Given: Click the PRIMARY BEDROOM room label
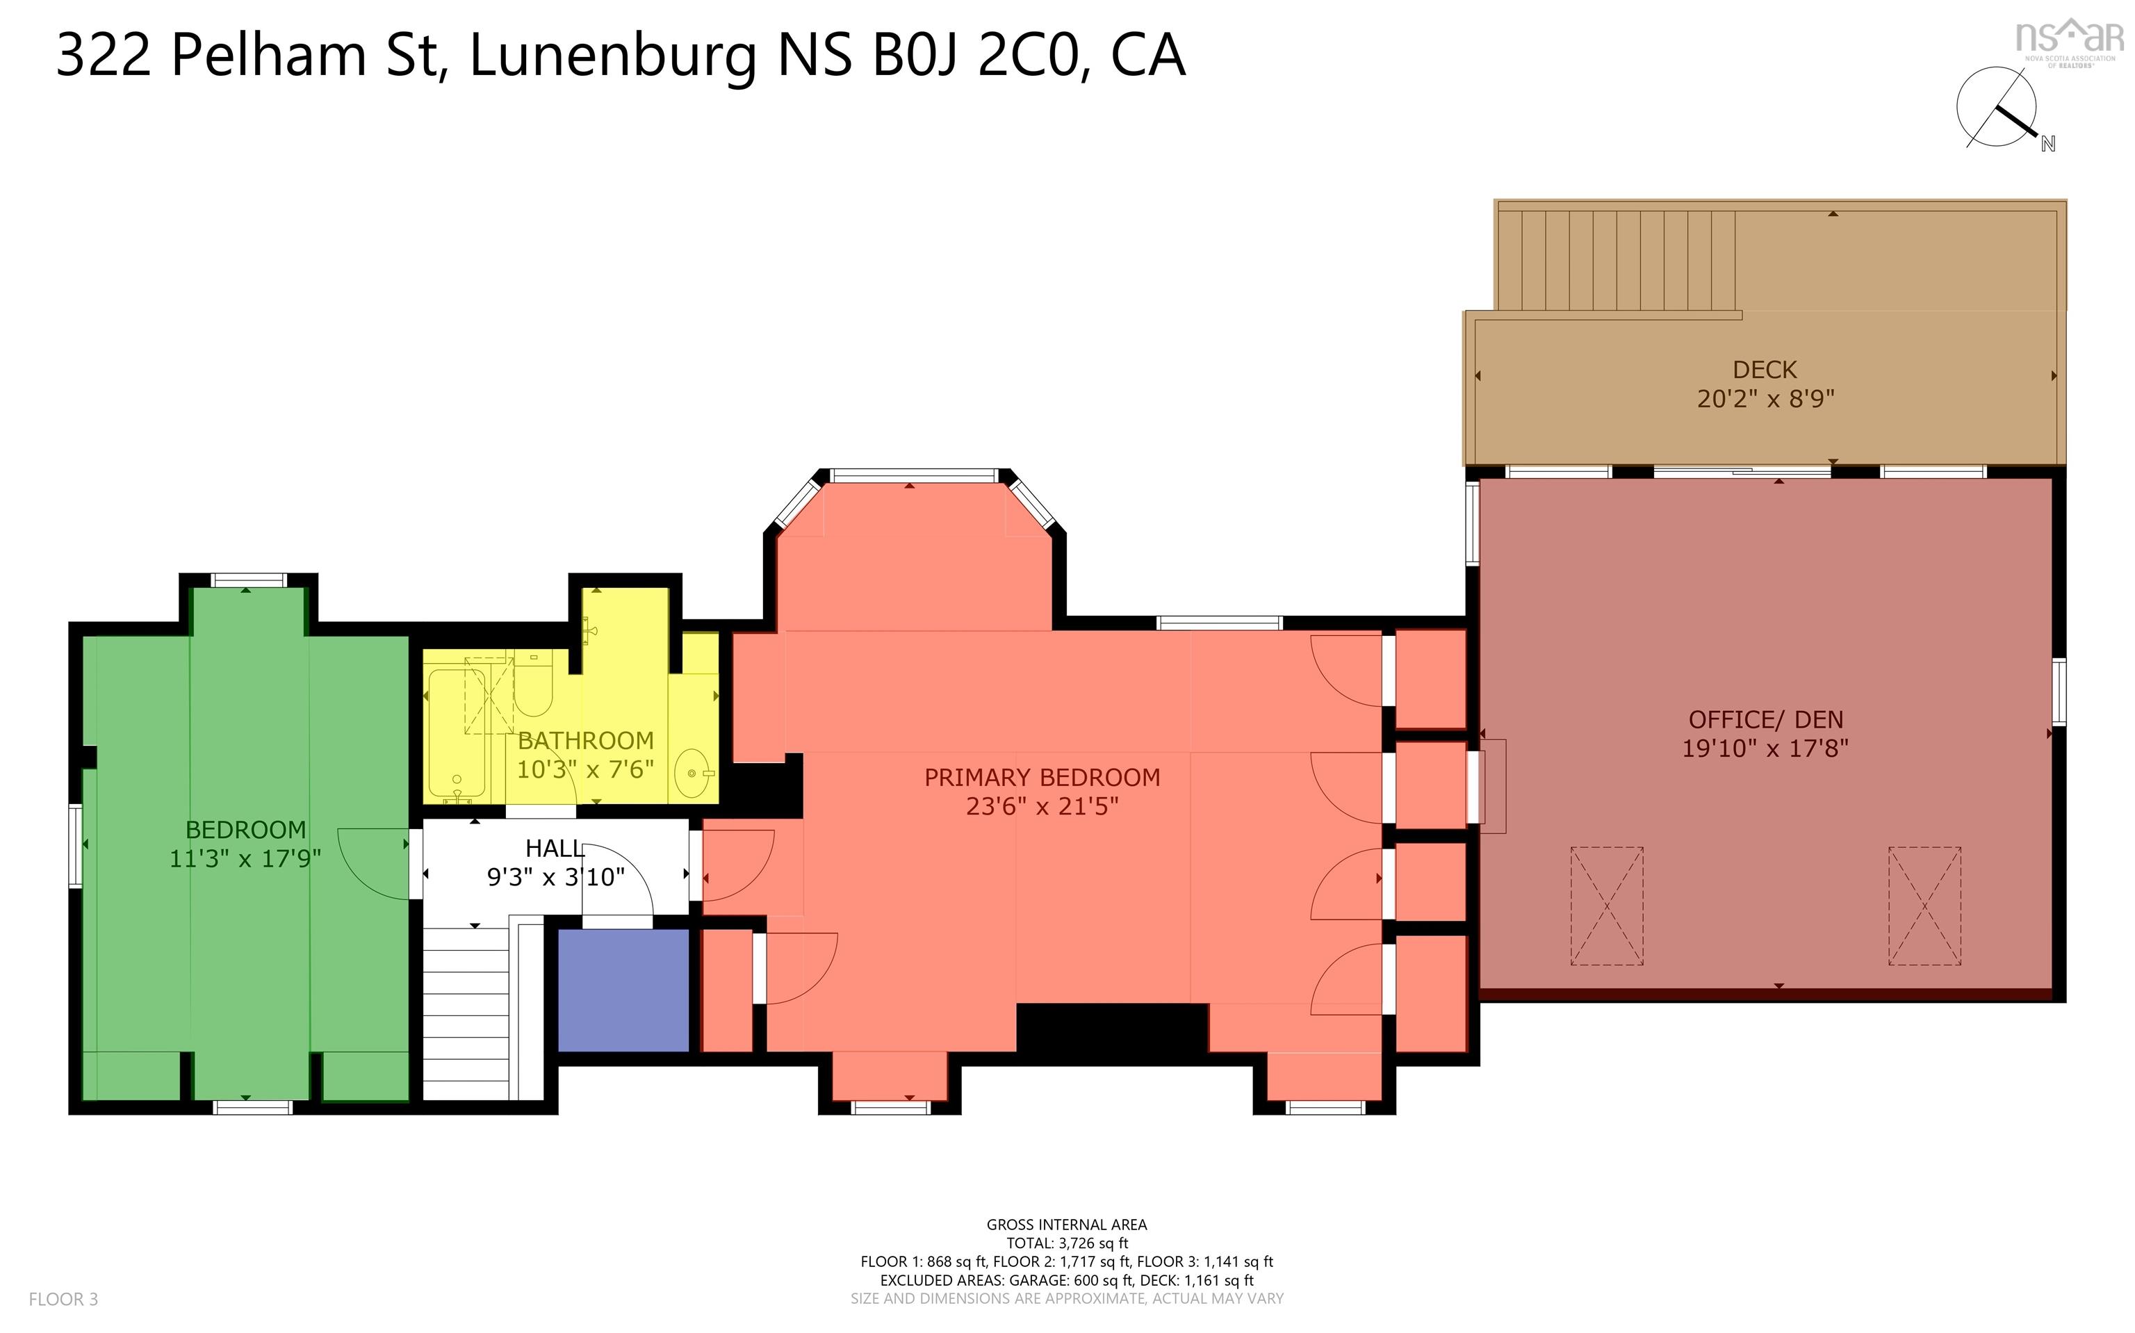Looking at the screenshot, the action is [x=1042, y=778].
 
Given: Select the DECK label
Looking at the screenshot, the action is [x=1765, y=370].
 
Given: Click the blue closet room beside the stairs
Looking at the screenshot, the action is [x=623, y=990].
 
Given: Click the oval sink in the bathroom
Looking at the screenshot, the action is [x=693, y=773].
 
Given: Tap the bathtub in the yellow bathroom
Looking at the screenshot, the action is [x=457, y=735].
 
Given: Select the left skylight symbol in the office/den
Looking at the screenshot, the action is [x=1606, y=906].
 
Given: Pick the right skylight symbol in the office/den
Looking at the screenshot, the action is [x=1924, y=906].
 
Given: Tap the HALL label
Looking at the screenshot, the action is [x=555, y=848].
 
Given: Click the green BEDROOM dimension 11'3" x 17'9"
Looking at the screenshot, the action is [x=245, y=858].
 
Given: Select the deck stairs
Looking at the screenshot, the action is [x=1617, y=260].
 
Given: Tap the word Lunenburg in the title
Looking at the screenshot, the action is [x=613, y=56].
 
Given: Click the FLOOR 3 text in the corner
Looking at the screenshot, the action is [x=63, y=1299].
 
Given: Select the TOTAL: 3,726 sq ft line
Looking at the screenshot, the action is [x=1067, y=1243].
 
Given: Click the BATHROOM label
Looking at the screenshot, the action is [x=585, y=741].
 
